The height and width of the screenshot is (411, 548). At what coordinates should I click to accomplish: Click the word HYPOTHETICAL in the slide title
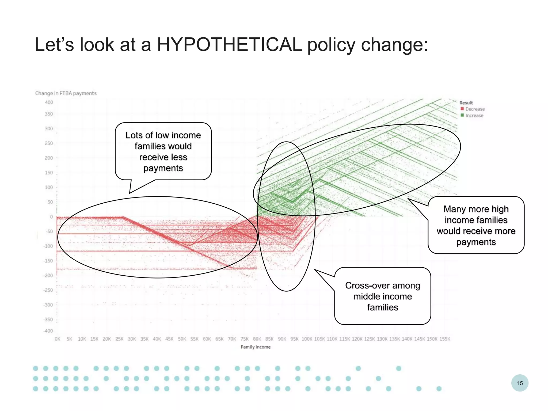(229, 44)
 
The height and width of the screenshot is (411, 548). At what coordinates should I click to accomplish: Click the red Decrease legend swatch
(462, 109)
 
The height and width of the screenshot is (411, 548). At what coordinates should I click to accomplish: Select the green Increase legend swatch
(462, 115)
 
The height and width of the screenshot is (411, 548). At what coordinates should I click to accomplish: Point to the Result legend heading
(466, 103)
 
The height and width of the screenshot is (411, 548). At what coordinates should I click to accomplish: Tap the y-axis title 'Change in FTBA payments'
(66, 93)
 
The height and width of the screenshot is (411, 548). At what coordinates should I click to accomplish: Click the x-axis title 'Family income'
(256, 347)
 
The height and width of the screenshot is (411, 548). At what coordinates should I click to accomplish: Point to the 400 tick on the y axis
(49, 102)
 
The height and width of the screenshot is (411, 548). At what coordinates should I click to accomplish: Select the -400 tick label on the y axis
(48, 331)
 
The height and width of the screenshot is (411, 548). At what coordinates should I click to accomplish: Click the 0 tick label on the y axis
(51, 217)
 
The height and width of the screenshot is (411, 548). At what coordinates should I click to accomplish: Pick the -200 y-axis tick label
(48, 276)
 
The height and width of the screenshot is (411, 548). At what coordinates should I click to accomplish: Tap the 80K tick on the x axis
(257, 339)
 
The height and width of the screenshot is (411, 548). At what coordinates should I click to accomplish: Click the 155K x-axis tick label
(445, 339)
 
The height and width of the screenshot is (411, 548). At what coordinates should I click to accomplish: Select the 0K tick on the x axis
(57, 339)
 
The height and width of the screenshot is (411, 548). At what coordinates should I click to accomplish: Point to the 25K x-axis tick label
(119, 339)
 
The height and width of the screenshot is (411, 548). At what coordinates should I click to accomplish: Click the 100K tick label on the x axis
(307, 339)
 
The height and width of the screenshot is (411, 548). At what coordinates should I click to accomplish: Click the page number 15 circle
(520, 383)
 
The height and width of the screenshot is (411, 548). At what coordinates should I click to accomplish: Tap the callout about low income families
(163, 151)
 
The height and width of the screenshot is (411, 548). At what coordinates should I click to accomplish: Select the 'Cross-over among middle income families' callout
(383, 296)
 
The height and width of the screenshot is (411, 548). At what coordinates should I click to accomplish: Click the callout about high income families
(476, 225)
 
